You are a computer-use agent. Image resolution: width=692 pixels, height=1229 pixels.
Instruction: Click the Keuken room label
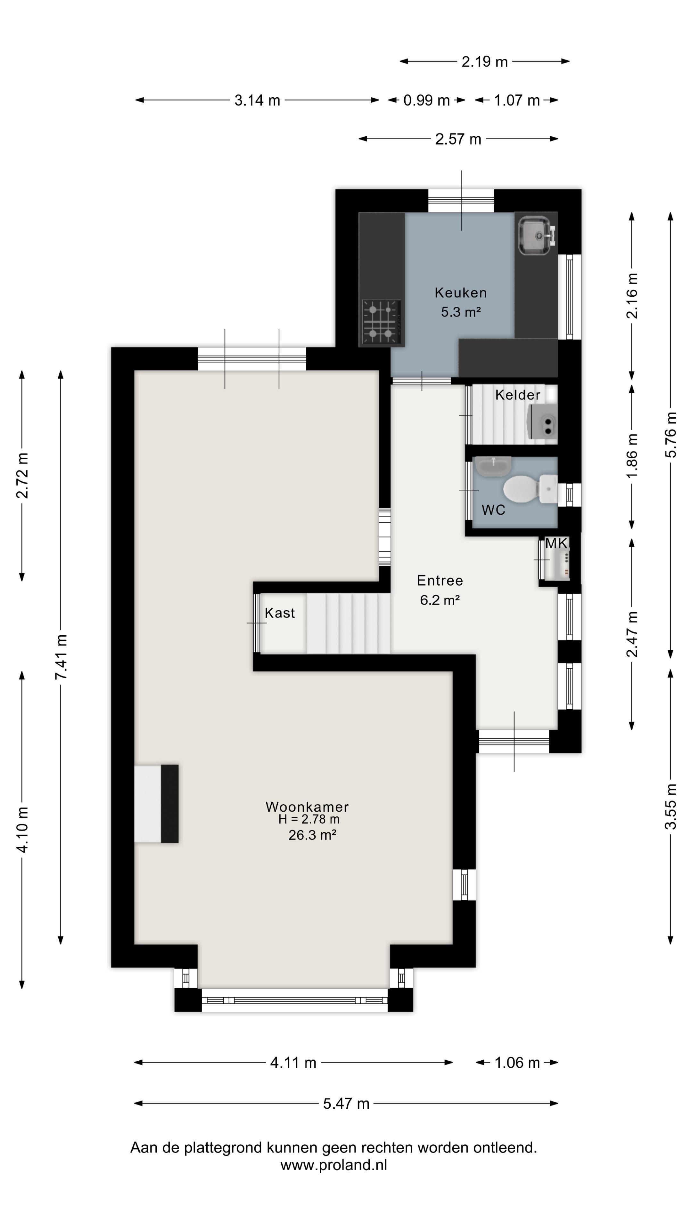click(460, 293)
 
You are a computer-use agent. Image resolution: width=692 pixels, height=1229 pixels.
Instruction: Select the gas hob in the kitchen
click(381, 322)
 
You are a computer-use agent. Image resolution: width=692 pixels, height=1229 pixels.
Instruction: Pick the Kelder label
click(518, 395)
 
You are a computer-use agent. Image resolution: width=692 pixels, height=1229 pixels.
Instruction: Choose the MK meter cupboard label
click(556, 543)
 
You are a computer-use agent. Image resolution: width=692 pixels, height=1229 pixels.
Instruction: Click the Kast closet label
click(280, 613)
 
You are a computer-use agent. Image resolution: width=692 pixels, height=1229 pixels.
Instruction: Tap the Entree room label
click(440, 580)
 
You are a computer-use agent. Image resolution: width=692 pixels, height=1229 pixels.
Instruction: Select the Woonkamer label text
click(307, 806)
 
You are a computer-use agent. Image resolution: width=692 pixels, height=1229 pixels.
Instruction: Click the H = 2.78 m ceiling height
click(309, 819)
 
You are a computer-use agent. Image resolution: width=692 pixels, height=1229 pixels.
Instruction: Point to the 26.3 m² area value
click(312, 835)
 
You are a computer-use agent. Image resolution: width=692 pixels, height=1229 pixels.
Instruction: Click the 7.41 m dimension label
click(61, 657)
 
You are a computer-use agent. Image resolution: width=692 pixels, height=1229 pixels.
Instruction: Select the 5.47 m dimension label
click(346, 1104)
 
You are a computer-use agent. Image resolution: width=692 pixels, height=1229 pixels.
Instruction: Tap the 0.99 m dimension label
click(426, 100)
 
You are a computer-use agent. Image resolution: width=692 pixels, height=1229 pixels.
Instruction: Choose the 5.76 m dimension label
click(671, 435)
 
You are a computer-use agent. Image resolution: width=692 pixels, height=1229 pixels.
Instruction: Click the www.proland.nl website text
click(333, 1165)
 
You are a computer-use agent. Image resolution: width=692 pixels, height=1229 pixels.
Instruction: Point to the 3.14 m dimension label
click(257, 100)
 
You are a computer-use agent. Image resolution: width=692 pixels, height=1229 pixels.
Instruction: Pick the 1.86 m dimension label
click(631, 456)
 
